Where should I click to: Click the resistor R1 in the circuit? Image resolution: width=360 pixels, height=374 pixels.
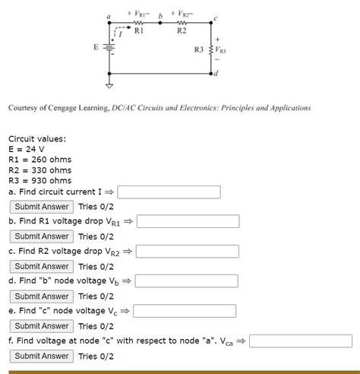tap(138, 24)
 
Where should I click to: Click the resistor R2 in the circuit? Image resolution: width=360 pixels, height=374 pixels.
tap(181, 24)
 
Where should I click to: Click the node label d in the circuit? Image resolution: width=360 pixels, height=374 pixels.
tap(217, 73)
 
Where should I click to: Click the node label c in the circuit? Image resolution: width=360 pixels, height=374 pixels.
tap(216, 18)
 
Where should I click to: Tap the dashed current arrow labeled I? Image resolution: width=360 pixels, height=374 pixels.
tap(115, 33)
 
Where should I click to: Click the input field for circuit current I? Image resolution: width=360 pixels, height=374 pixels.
tap(168, 192)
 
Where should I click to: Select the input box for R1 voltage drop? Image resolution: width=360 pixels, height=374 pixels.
tap(188, 221)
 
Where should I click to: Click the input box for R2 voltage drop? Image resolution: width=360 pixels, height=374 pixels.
tap(188, 251)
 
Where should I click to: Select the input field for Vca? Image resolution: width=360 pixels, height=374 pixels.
tap(301, 341)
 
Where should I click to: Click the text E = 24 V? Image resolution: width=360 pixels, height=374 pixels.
tap(27, 149)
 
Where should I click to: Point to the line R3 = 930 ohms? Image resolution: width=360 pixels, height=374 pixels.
tap(39, 181)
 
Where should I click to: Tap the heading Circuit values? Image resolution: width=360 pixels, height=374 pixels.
tap(36, 138)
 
